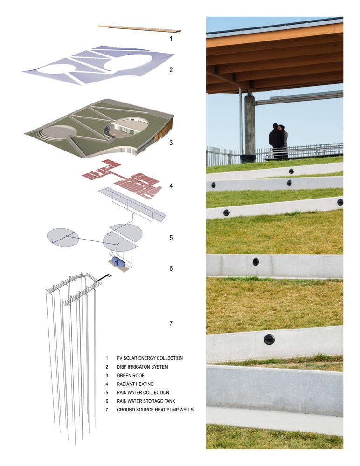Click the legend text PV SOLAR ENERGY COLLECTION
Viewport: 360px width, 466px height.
click(x=150, y=358)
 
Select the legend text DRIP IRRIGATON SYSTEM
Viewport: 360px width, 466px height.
click(x=142, y=367)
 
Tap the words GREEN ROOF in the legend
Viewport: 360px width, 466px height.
click(x=130, y=375)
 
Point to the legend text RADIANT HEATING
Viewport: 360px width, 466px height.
click(x=135, y=384)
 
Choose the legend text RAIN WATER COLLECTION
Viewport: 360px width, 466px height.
click(x=143, y=392)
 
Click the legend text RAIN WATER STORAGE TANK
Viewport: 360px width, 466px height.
click(x=146, y=401)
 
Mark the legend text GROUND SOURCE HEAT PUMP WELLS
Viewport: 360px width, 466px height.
click(x=155, y=410)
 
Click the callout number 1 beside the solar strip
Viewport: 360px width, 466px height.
click(x=171, y=39)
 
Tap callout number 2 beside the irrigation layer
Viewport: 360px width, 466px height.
click(x=171, y=70)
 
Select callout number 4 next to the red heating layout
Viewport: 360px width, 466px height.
click(x=171, y=186)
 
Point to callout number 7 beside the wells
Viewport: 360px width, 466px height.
click(x=171, y=323)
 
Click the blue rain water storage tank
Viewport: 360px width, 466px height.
click(x=118, y=262)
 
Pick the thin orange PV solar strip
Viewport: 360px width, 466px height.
click(x=139, y=28)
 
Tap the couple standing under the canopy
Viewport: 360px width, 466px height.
click(x=278, y=141)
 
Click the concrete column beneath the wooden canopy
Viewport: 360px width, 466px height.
click(x=250, y=124)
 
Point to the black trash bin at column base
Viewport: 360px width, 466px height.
click(x=248, y=158)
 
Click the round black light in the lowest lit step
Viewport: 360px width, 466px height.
click(x=269, y=339)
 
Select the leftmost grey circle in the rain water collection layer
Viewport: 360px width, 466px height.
click(x=63, y=238)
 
